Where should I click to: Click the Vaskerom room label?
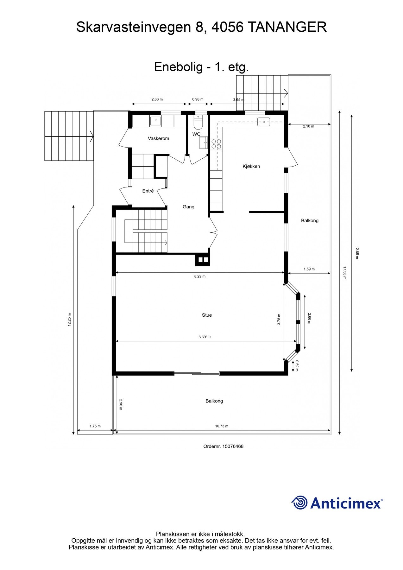(x=158, y=138)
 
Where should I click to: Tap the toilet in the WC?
(x=198, y=123)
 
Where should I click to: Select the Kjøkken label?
(x=251, y=166)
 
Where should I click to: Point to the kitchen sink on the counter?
(x=263, y=122)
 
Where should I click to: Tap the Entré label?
(x=148, y=191)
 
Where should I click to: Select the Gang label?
(x=188, y=207)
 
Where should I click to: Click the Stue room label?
(x=207, y=315)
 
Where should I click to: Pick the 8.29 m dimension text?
(x=200, y=276)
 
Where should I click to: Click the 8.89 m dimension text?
(x=205, y=336)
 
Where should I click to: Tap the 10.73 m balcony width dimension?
(x=222, y=426)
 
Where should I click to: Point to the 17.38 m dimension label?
(x=344, y=273)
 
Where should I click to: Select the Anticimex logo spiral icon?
(x=299, y=503)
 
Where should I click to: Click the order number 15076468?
(x=233, y=446)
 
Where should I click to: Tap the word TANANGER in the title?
(x=287, y=28)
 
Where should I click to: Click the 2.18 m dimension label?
(x=308, y=126)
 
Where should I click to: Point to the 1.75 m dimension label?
(x=95, y=426)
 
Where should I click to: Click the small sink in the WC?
(x=203, y=143)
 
